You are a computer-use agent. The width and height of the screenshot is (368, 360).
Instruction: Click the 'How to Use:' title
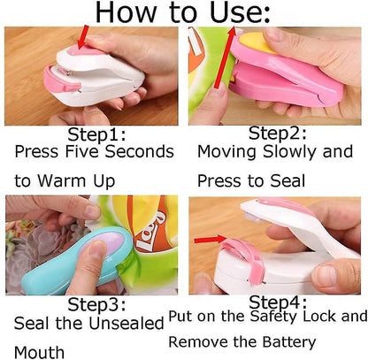tap(183, 12)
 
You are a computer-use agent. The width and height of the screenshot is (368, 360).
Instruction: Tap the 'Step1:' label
tap(96, 135)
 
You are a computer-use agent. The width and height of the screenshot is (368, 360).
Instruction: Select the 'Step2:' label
tap(278, 133)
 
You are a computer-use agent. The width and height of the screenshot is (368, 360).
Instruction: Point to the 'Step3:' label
tap(96, 304)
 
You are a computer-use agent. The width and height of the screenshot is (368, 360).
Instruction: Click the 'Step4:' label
tap(278, 302)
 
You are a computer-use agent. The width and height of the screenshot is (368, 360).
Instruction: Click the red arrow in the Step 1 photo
tap(82, 37)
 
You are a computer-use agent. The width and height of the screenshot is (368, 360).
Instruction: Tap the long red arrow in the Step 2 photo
tap(226, 57)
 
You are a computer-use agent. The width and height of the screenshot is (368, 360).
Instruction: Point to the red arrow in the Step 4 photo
tap(210, 240)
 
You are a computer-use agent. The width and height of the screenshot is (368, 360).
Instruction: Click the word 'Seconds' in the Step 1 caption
tap(140, 152)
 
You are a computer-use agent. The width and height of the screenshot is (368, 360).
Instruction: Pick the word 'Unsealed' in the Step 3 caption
tap(126, 323)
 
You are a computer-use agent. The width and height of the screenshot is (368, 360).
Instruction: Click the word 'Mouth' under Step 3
tap(39, 352)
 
